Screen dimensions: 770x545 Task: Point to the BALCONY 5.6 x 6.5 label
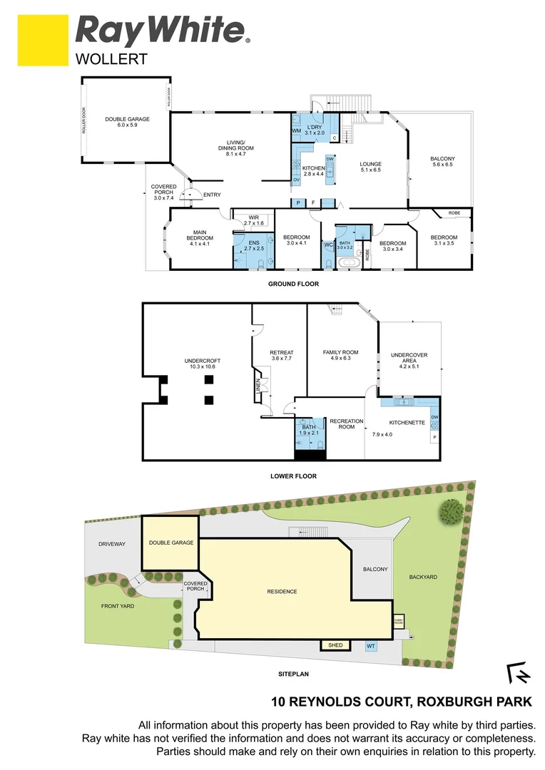click(442, 161)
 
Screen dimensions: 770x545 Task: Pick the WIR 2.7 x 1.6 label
click(253, 220)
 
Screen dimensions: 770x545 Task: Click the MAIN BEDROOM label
click(195, 238)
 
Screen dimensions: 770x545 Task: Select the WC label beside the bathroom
click(328, 245)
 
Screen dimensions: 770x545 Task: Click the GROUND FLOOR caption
click(293, 284)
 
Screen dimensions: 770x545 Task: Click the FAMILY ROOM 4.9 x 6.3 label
click(340, 356)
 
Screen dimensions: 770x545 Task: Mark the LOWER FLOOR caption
click(293, 476)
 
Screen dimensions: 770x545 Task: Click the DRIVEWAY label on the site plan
click(112, 544)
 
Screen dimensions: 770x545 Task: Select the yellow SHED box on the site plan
click(335, 645)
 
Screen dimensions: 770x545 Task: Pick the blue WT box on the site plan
click(371, 647)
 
